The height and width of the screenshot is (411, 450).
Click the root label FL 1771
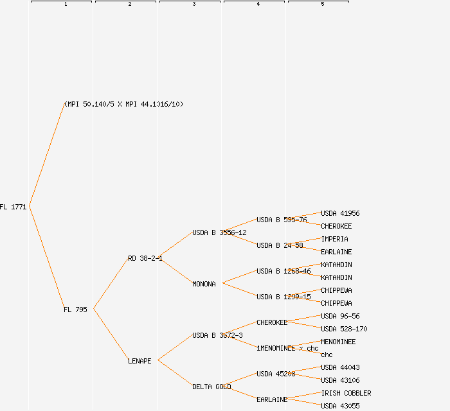(14, 207)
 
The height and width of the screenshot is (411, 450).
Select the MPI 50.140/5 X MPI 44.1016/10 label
(123, 104)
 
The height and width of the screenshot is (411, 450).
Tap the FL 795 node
(75, 310)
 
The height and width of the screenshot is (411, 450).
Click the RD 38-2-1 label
(145, 258)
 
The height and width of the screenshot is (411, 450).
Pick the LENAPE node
(139, 361)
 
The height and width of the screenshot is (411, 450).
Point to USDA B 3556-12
(219, 232)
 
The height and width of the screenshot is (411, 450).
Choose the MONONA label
(204, 284)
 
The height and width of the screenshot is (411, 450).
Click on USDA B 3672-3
(217, 335)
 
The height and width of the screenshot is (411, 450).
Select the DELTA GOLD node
(212, 387)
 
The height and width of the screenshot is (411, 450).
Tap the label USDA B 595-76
(282, 220)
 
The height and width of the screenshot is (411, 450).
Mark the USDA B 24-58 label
(280, 245)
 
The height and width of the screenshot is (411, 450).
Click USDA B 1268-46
(283, 271)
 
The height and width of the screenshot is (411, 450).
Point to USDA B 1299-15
(283, 297)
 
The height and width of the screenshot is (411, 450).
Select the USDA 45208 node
(276, 374)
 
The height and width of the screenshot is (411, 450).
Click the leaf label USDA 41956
(340, 213)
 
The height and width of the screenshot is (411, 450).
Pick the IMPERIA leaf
(334, 239)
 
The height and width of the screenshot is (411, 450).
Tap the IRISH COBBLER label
(346, 393)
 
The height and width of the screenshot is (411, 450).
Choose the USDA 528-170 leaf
(344, 329)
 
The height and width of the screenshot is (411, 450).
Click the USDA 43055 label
(340, 406)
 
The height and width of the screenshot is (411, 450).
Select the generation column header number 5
(323, 4)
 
